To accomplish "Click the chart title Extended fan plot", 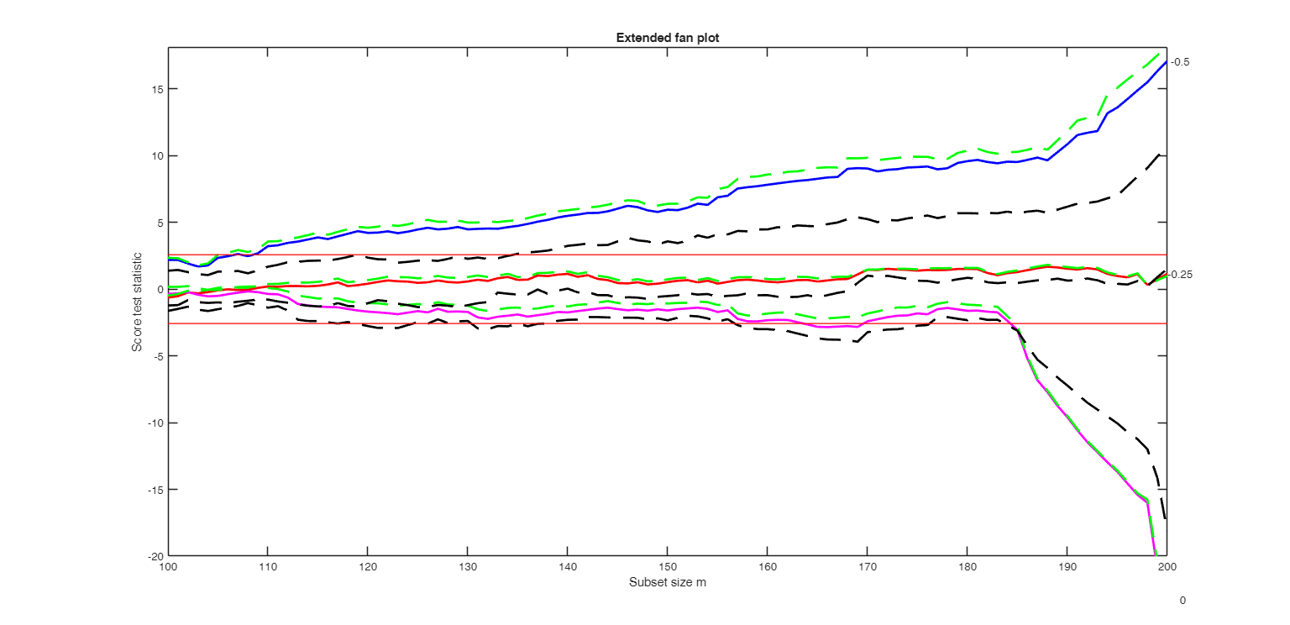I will [667, 38].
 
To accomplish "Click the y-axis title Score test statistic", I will [137, 302].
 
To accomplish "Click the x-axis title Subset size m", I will [667, 583].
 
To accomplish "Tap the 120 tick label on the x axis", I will [367, 567].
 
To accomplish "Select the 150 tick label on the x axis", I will [667, 567].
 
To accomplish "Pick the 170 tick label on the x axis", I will [867, 567].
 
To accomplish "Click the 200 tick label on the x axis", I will [1167, 567].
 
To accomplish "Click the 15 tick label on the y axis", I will [155, 89].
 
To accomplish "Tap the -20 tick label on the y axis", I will [153, 556].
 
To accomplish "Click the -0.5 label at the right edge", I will [1181, 62].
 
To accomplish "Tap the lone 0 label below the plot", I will [1182, 601].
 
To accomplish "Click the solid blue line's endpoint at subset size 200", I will [1166, 63].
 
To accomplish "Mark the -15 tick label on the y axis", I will [153, 490].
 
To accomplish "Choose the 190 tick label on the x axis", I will [1067, 567].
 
